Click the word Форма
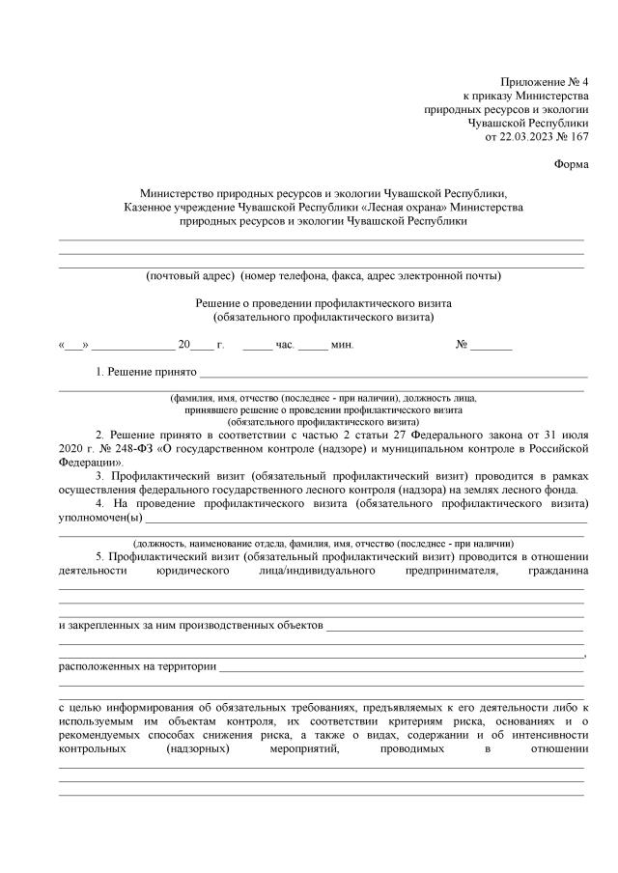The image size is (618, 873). click(572, 163)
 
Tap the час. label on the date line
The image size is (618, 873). click(285, 344)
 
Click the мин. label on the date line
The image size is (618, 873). click(342, 344)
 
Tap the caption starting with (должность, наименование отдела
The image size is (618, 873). click(323, 543)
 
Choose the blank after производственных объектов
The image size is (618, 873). click(455, 626)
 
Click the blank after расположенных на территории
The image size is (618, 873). click(401, 665)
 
